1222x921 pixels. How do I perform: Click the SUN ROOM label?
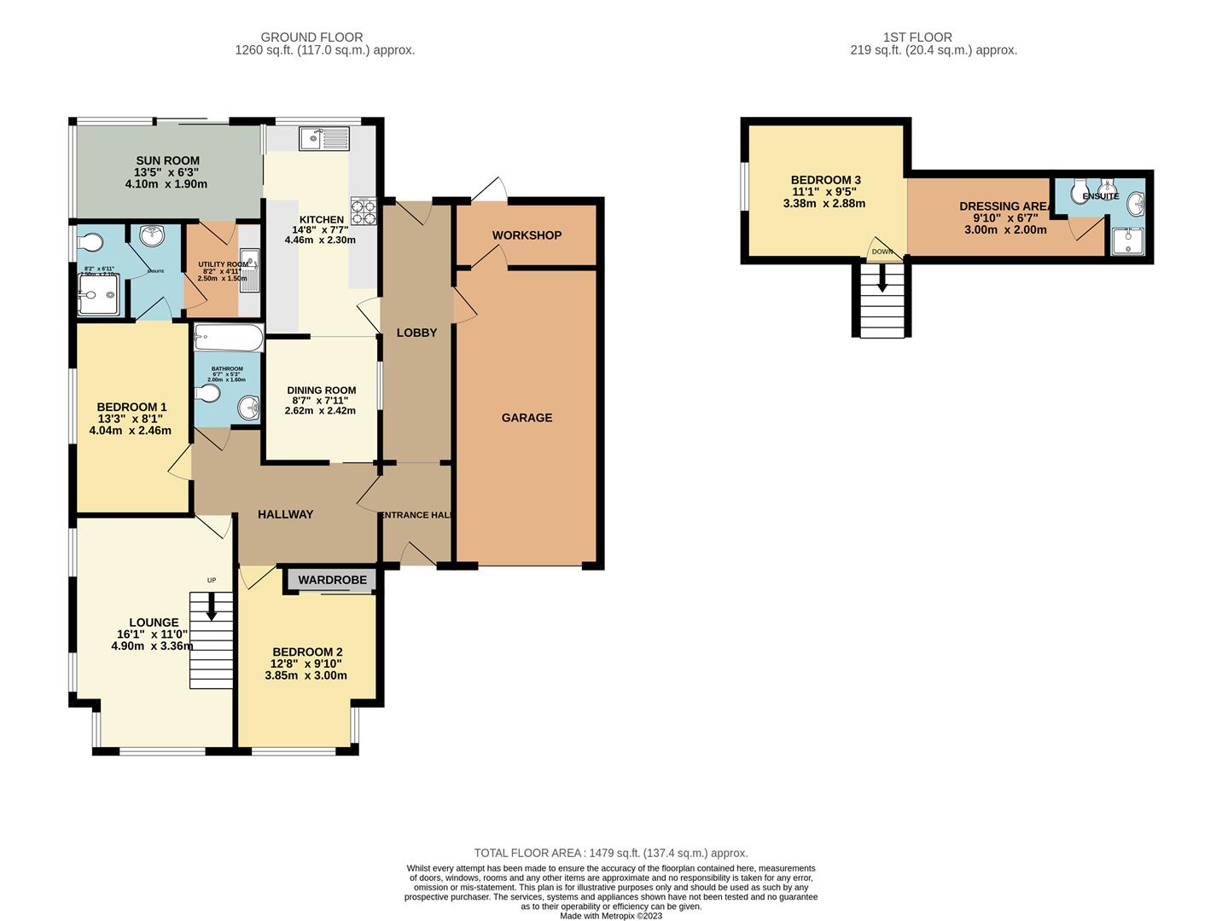point(167,160)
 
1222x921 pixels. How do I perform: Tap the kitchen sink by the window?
point(323,138)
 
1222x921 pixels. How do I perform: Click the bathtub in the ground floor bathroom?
point(228,338)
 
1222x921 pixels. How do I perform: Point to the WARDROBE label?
point(332,580)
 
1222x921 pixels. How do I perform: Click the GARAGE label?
point(527,418)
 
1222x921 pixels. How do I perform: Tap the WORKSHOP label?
point(527,235)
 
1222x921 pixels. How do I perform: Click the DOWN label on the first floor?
point(882,252)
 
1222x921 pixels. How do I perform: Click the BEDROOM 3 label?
point(825,180)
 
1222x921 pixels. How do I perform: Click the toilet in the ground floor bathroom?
point(207,393)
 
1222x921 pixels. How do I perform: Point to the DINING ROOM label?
point(321,391)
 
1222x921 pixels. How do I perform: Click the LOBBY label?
point(416,333)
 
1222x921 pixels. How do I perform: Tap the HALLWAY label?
point(285,514)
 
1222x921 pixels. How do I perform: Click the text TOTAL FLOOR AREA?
point(528,853)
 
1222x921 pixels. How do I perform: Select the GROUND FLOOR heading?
point(311,38)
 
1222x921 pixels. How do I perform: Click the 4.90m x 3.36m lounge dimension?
point(151,646)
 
